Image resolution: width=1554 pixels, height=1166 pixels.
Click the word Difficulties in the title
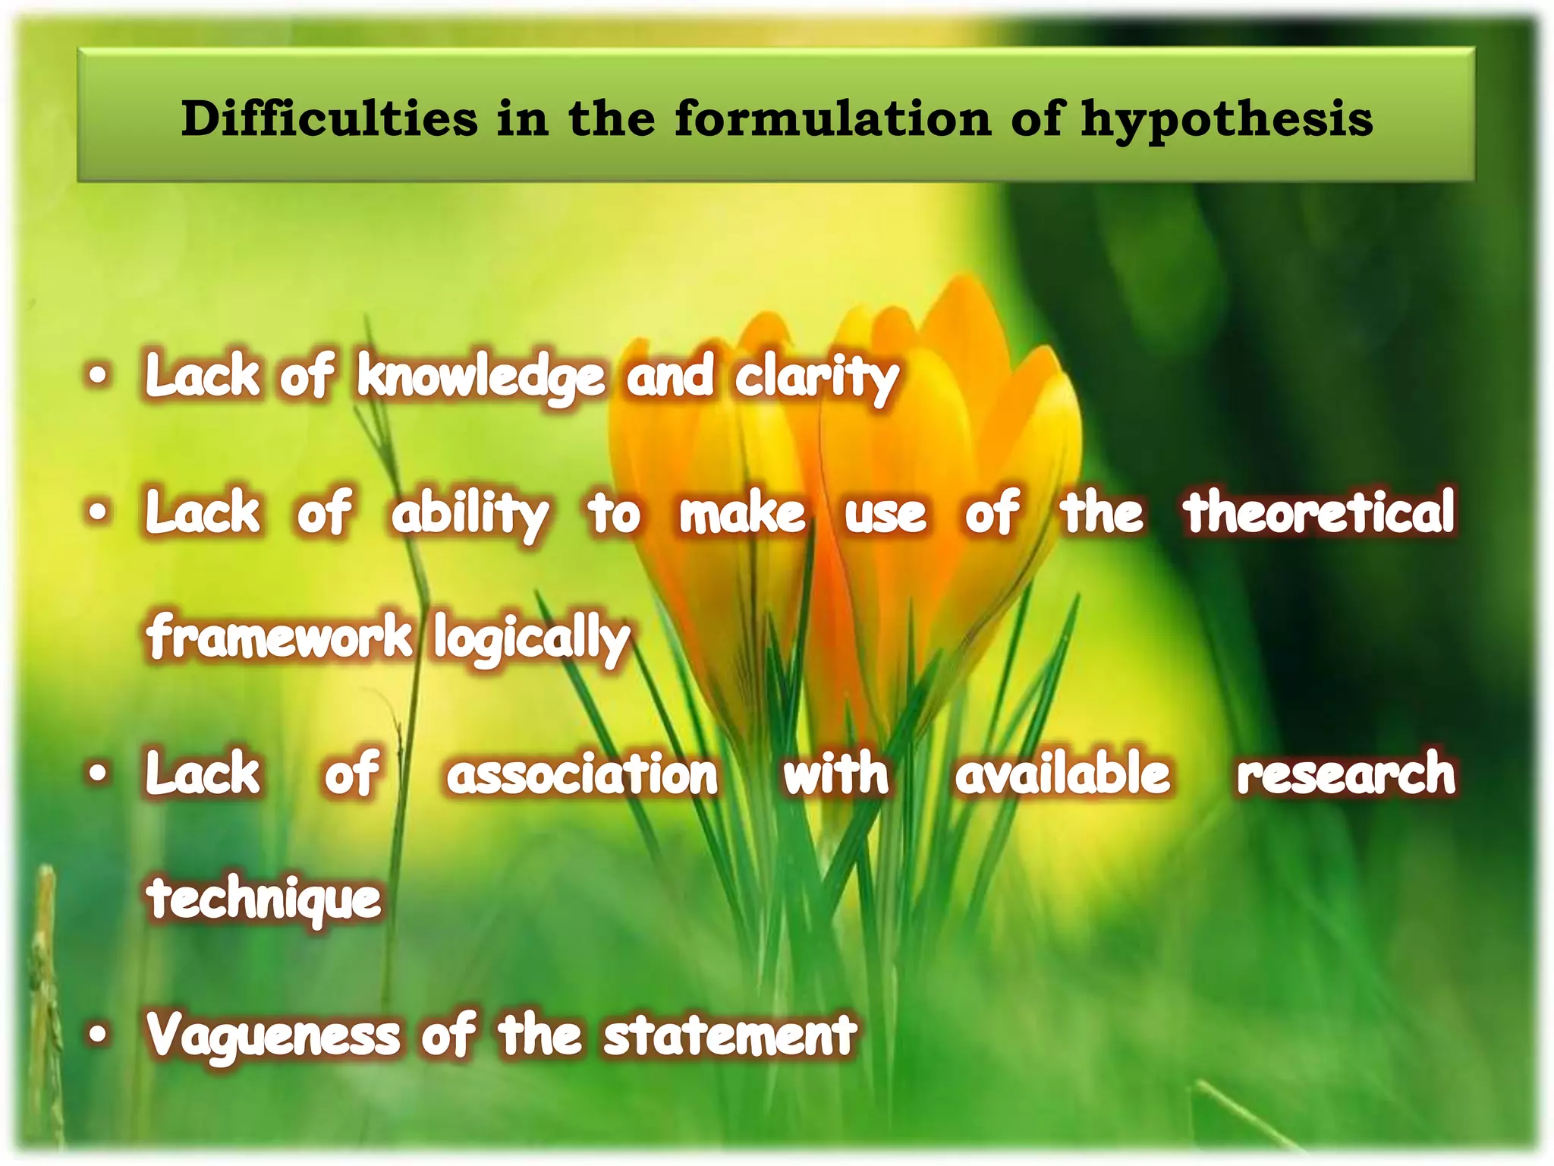click(x=329, y=119)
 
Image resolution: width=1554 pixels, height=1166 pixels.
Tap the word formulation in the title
click(x=832, y=119)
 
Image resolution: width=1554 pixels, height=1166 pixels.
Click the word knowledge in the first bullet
click(x=481, y=377)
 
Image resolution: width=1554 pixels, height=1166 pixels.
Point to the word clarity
click(x=816, y=378)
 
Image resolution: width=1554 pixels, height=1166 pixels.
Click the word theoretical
click(x=1319, y=512)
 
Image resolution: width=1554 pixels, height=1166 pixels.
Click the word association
click(x=582, y=774)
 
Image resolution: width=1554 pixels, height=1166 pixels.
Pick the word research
click(x=1345, y=774)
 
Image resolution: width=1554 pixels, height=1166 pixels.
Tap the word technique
click(x=264, y=899)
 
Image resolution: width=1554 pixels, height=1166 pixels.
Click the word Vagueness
click(x=273, y=1035)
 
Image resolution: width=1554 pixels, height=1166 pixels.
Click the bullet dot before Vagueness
click(x=98, y=1034)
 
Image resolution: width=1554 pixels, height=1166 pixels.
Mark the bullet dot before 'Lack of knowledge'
click(x=98, y=375)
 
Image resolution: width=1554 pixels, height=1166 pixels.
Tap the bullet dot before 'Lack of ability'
click(x=98, y=512)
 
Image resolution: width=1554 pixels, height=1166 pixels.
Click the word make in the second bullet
click(x=741, y=513)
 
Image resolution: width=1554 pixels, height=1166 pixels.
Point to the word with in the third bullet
click(x=835, y=774)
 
